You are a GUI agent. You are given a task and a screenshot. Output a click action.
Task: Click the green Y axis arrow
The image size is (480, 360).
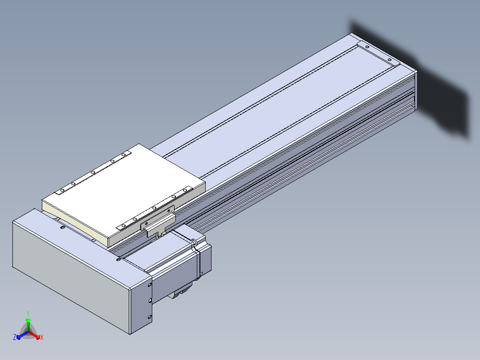coord(28,324)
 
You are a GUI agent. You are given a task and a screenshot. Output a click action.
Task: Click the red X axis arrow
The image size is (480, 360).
coord(35,335)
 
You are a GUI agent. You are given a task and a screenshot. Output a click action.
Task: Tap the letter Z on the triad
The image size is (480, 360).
coord(14,337)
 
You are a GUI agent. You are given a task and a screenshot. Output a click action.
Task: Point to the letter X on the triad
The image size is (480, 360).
coord(42,338)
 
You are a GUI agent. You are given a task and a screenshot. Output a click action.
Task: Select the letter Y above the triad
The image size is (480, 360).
coord(28,314)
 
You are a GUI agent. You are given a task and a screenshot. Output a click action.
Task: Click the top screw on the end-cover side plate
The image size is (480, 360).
coord(150,285)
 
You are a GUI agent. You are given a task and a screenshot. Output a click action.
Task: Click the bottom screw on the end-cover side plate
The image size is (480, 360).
coord(150,317)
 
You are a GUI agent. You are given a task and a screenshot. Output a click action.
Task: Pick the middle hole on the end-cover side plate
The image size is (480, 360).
coord(151,301)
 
